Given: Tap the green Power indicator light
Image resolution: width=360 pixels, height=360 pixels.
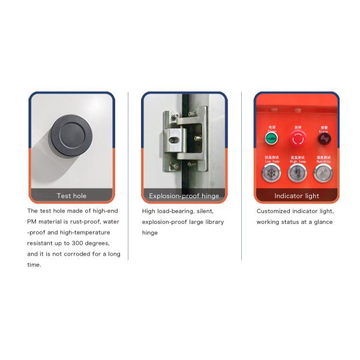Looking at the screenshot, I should (271, 139).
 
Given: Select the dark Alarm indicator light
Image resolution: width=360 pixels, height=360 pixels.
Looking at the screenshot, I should (325, 139).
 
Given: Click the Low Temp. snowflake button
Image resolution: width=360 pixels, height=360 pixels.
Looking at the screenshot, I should (271, 173).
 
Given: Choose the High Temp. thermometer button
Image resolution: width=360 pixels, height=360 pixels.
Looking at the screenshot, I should (298, 173).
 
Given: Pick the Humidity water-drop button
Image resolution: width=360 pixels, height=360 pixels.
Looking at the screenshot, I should (324, 173).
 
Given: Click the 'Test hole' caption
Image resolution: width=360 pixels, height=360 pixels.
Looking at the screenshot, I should (71, 196).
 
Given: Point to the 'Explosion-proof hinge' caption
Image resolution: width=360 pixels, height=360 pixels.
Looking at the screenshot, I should (184, 196).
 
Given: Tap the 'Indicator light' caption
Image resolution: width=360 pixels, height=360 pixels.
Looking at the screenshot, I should (296, 196).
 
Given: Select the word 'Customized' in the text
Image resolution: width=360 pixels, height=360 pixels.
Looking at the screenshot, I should (274, 211).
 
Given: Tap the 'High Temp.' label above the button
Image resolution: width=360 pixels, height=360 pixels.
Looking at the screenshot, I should (298, 161).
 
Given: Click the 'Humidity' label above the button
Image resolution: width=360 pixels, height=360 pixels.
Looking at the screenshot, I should (324, 161).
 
